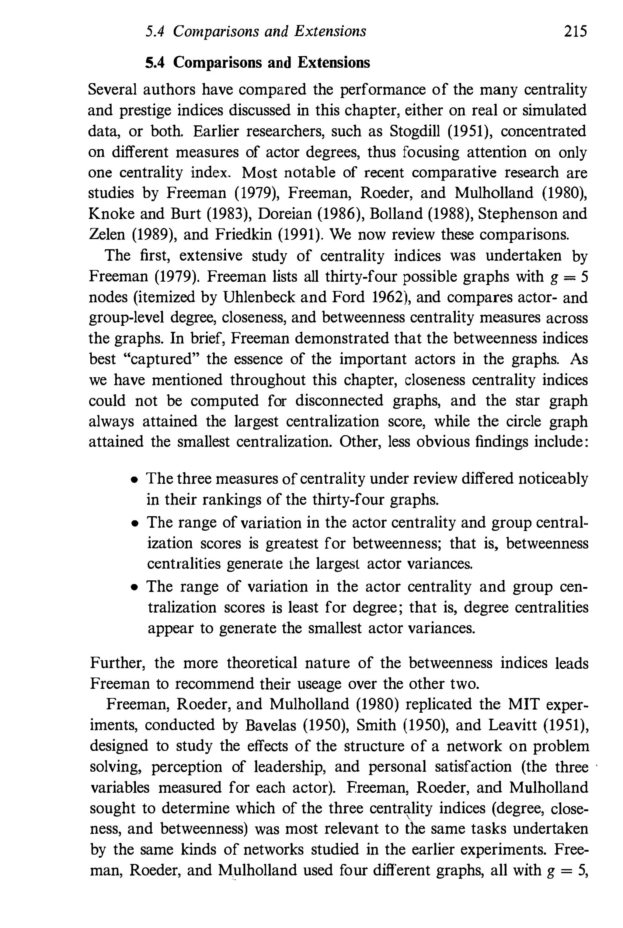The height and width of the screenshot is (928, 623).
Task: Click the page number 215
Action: (575, 31)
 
